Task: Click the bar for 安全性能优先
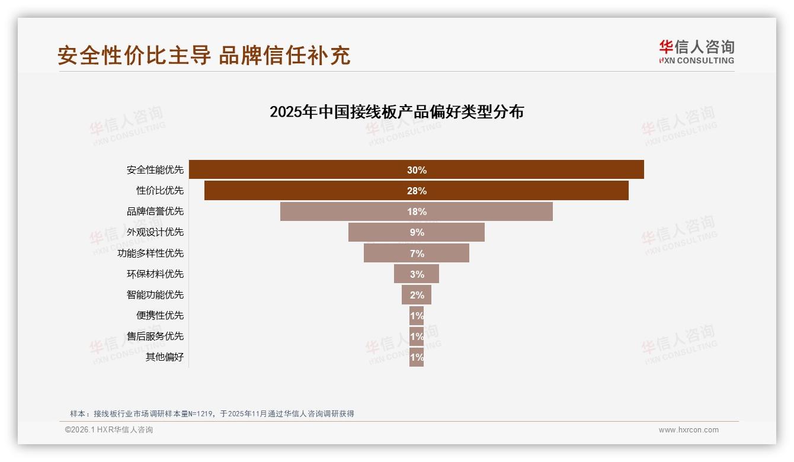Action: [296, 169]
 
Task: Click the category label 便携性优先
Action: [160, 315]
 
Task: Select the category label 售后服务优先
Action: [155, 336]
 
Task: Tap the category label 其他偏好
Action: [165, 357]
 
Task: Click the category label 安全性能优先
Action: [155, 170]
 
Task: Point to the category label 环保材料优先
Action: [155, 274]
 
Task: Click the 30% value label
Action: [417, 170]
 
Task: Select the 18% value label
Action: [417, 211]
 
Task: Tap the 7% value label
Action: [417, 253]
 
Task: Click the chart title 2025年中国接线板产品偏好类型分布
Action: [396, 112]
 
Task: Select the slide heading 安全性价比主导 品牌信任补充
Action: [204, 55]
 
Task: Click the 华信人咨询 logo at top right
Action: [696, 52]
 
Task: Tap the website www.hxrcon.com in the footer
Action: [689, 430]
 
